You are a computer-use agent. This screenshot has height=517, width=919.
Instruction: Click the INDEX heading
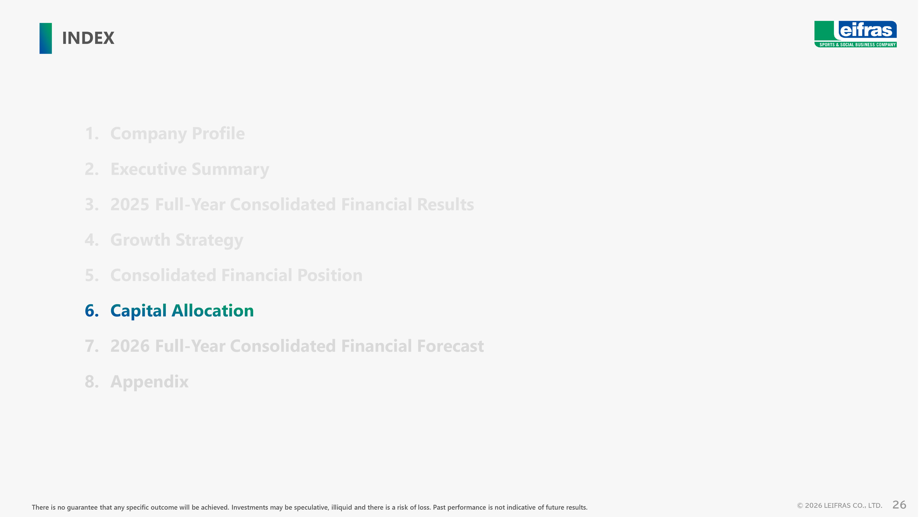tap(88, 38)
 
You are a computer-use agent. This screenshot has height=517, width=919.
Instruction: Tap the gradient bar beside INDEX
tap(46, 38)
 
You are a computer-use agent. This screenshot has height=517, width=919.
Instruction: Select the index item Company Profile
tap(177, 134)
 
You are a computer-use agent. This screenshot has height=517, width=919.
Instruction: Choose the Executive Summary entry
tap(190, 169)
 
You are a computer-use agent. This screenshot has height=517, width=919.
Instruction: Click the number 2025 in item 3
tap(130, 205)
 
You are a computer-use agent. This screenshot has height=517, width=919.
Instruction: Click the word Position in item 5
tap(330, 275)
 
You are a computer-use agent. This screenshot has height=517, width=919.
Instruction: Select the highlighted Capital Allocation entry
tap(182, 310)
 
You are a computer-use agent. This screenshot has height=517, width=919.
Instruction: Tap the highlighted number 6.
tap(92, 310)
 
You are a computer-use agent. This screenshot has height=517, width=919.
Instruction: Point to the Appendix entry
tap(149, 382)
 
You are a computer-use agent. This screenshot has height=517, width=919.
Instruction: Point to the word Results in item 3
tap(445, 205)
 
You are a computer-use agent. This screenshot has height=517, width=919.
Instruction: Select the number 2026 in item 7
tap(130, 346)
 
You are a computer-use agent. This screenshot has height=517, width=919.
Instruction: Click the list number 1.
tap(92, 134)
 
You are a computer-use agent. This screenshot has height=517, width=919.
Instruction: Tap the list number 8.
tap(92, 382)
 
